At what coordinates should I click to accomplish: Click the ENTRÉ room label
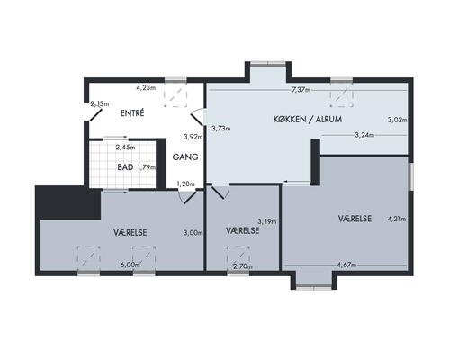[132, 113]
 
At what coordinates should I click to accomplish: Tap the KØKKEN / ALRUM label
[308, 119]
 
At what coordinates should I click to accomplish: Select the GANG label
[185, 157]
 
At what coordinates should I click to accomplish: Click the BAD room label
[125, 167]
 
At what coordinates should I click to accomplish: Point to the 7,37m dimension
[301, 90]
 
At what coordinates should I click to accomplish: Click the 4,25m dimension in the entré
[146, 88]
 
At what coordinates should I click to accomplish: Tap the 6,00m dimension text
[130, 265]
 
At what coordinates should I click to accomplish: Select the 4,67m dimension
[346, 265]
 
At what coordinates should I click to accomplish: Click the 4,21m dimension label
[397, 219]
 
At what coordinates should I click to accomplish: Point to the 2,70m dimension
[243, 265]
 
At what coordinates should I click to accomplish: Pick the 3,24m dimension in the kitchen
[364, 135]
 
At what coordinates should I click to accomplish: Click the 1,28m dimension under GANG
[185, 184]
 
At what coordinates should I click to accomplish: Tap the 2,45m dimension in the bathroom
[125, 148]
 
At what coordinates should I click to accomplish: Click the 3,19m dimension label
[267, 221]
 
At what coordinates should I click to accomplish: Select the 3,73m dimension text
[221, 129]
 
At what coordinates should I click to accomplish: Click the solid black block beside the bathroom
[68, 202]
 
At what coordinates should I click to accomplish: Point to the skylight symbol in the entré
[175, 95]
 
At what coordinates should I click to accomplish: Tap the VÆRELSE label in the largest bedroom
[355, 219]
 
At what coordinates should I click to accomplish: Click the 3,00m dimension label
[193, 232]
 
